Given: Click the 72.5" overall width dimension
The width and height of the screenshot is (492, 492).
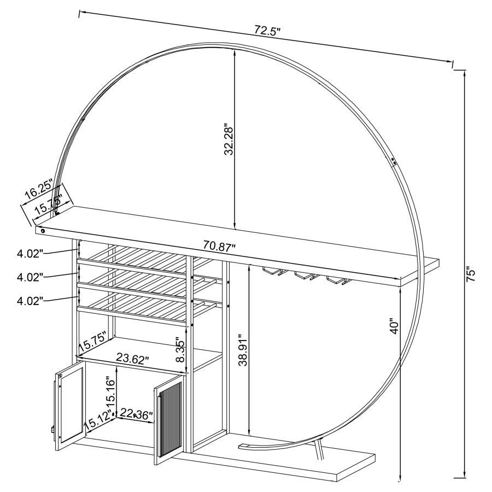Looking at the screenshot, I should coord(267,31).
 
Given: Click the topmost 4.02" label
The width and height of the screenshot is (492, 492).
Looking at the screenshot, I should coord(30,253).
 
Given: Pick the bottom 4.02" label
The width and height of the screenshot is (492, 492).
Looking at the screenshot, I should coord(30,300).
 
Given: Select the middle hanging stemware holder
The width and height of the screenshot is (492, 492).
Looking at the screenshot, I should coord(304,275).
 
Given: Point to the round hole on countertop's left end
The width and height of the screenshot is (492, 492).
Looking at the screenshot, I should coord(42,231).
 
